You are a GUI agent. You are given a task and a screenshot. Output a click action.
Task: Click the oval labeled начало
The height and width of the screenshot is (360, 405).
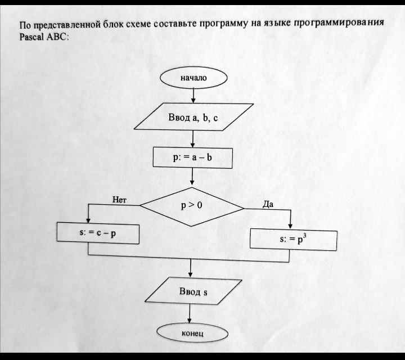point(193,78)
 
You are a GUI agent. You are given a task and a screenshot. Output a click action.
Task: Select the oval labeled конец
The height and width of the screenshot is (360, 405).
point(192,333)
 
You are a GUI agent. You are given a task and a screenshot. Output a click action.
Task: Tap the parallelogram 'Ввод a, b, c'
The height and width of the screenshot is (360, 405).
point(193,117)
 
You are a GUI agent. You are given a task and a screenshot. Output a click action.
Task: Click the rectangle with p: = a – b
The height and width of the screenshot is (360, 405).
point(193,157)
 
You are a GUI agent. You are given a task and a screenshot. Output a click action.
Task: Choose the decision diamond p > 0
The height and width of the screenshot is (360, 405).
point(192,206)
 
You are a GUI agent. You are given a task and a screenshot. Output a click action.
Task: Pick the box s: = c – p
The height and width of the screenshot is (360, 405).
point(98,233)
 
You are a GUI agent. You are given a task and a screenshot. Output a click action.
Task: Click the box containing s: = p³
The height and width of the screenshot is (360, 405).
point(294,240)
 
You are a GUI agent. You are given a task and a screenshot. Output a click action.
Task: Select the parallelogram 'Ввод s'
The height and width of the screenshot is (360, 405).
point(193,291)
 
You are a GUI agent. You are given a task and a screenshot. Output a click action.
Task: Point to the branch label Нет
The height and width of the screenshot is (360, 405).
point(119,200)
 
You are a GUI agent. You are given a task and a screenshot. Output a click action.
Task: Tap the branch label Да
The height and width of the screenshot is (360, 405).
point(268,205)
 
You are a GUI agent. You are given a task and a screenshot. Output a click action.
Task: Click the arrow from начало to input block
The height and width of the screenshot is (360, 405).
point(193,96)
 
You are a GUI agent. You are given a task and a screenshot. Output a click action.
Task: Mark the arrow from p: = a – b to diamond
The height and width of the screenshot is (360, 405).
point(192,177)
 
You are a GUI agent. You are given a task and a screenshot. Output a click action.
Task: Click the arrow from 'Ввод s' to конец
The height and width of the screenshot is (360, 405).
point(190,313)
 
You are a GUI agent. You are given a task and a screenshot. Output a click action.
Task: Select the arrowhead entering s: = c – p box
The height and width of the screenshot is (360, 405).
point(88,220)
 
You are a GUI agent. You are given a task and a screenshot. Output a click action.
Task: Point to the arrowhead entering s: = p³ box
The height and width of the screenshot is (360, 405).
point(290,226)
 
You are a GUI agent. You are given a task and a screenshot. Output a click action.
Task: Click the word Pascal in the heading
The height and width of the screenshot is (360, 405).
point(31,37)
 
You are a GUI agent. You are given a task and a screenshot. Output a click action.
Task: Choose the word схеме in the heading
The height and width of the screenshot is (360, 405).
point(138,24)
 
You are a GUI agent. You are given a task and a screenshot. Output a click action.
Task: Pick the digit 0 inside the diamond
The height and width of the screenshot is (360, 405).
point(199,205)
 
